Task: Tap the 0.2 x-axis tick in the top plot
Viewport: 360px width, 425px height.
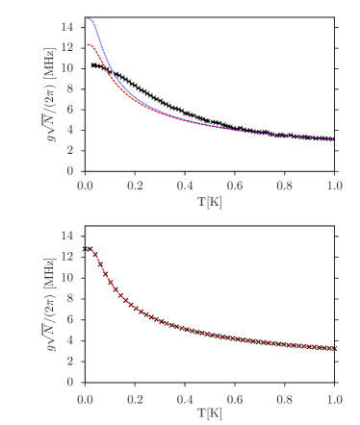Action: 135,187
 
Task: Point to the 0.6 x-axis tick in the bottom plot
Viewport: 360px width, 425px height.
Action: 235,397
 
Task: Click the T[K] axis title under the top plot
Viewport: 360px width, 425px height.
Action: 209,202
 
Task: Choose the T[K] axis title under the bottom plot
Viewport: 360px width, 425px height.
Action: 209,412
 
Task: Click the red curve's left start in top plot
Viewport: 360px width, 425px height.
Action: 86,45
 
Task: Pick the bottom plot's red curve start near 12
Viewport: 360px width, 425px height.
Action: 86,249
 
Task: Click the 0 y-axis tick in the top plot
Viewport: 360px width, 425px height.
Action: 69,171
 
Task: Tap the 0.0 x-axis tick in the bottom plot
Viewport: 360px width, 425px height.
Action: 85,397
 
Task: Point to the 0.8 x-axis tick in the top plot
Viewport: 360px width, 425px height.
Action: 285,187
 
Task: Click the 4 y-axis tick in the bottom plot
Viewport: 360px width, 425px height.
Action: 69,340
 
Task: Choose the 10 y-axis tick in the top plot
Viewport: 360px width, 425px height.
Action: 66,68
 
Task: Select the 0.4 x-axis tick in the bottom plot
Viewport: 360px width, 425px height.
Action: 185,397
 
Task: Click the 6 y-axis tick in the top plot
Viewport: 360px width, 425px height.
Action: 69,109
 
